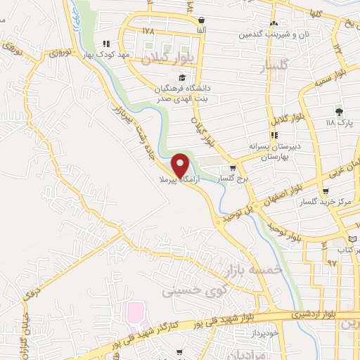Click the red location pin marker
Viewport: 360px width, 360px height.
(181, 166)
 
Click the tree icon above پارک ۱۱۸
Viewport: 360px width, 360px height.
(340, 111)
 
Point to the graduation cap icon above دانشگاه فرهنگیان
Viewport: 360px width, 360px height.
(182, 77)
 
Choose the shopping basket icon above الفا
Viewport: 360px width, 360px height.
(202, 20)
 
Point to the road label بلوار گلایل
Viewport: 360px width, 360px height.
(290, 126)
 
